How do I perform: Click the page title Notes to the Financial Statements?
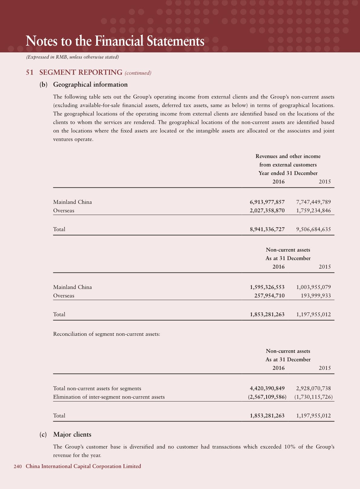click(115, 41)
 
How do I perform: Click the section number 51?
click(29, 72)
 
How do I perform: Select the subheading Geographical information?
click(90, 84)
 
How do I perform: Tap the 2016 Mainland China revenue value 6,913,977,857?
click(267, 202)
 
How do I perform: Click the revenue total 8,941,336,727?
click(267, 229)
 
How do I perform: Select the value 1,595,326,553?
click(267, 287)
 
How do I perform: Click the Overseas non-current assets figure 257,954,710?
click(269, 296)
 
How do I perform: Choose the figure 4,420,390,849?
click(267, 388)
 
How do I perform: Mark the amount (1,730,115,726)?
click(313, 397)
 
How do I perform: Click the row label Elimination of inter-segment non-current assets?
click(109, 397)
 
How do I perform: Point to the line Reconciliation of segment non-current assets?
click(106, 334)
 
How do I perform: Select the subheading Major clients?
click(72, 434)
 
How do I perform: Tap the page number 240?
click(18, 466)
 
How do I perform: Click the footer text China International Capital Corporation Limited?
click(83, 466)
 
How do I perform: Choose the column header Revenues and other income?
click(288, 156)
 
